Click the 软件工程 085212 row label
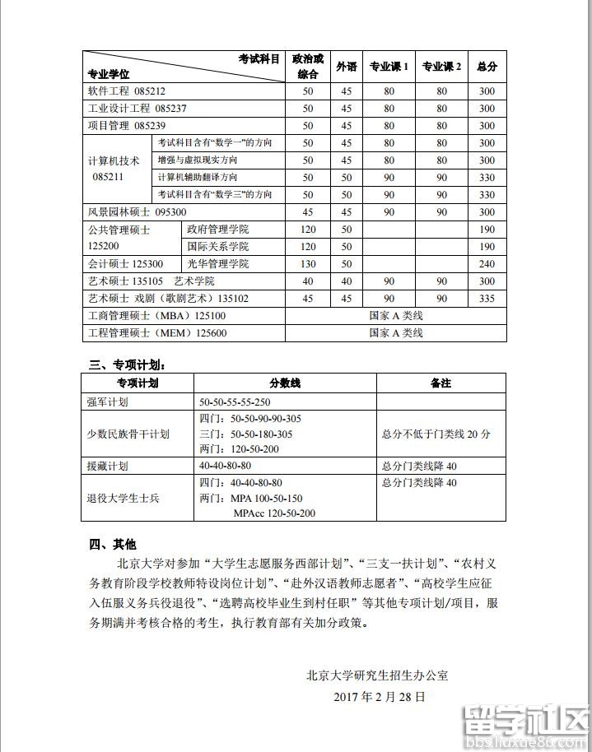pyautogui.click(x=127, y=91)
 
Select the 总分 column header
pyautogui.click(x=487, y=67)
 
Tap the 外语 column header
pyautogui.click(x=347, y=67)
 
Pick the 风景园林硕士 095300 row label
pyautogui.click(x=132, y=212)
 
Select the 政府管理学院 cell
pyautogui.click(x=217, y=230)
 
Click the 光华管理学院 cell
pyautogui.click(x=217, y=264)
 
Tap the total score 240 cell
pyautogui.click(x=487, y=264)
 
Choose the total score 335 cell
pyautogui.click(x=487, y=299)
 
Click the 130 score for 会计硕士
pyautogui.click(x=308, y=264)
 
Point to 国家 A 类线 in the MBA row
pyautogui.click(x=396, y=316)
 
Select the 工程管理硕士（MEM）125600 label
pyautogui.click(x=157, y=333)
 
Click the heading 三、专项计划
pyautogui.click(x=132, y=364)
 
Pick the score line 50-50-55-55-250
pyautogui.click(x=235, y=402)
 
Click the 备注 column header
pyautogui.click(x=441, y=383)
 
